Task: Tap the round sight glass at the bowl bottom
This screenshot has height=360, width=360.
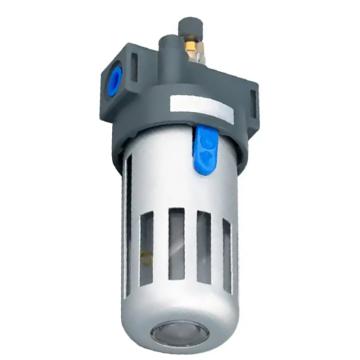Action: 180,327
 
